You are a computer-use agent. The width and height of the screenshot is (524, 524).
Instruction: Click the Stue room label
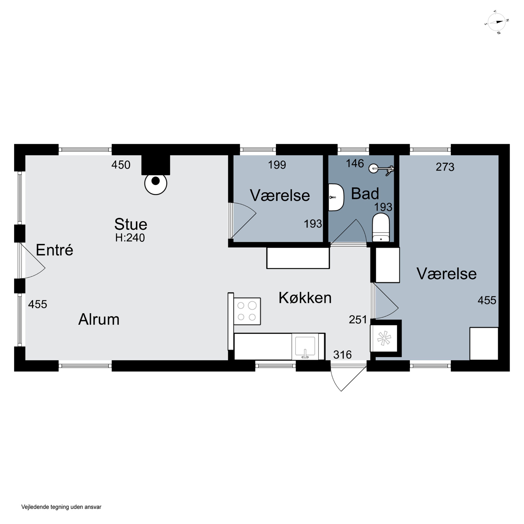click(131, 224)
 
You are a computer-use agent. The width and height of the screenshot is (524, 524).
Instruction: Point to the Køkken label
click(305, 298)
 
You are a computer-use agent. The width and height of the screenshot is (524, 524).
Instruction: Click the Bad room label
click(365, 194)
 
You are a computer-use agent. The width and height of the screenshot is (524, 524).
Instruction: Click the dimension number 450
click(121, 165)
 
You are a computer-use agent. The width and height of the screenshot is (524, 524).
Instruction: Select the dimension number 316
click(342, 355)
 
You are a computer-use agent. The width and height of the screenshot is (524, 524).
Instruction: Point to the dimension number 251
click(358, 320)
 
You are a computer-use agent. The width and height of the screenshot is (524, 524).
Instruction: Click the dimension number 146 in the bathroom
click(355, 163)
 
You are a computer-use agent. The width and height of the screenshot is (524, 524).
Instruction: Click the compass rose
click(497, 22)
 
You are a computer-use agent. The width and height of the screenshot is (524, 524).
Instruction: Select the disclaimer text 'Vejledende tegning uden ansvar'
click(61, 507)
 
